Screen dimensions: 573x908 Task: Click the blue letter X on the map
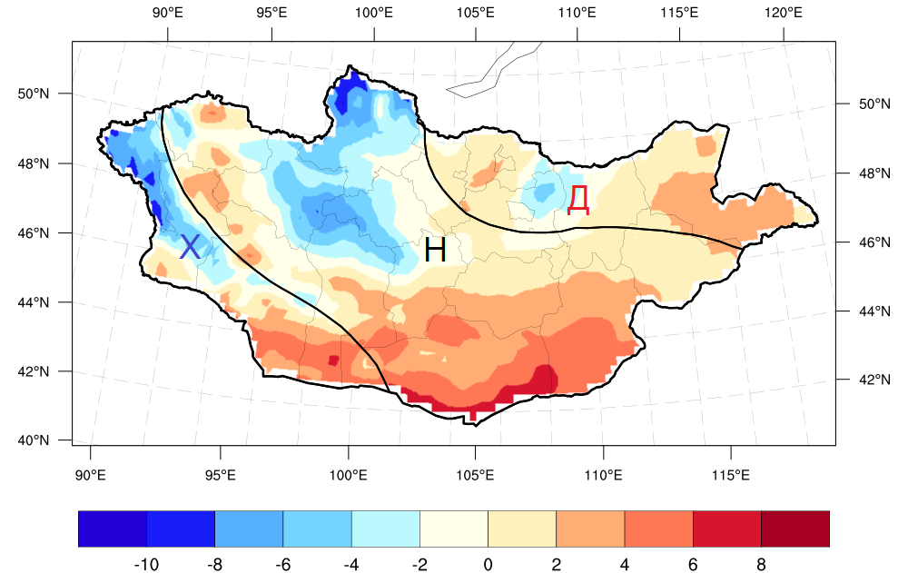pos(190,246)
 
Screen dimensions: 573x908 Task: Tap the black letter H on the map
pos(435,250)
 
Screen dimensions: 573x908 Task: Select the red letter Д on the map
pos(578,199)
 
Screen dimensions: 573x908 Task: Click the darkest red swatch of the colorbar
pos(794,529)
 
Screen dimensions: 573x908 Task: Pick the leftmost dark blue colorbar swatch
pos(113,529)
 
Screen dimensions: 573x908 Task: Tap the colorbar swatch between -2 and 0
pos(454,529)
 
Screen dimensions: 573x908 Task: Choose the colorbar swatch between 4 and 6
pos(658,529)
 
